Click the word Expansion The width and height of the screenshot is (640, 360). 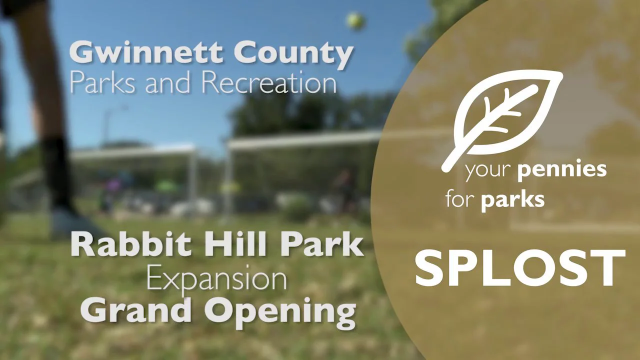[216, 281]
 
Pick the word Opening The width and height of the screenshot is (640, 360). [280, 311]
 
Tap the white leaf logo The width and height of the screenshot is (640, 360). [503, 118]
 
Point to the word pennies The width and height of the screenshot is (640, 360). [562, 170]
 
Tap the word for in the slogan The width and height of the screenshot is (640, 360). [460, 199]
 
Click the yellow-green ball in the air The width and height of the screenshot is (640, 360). [355, 21]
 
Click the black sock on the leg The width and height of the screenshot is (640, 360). [56, 170]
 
